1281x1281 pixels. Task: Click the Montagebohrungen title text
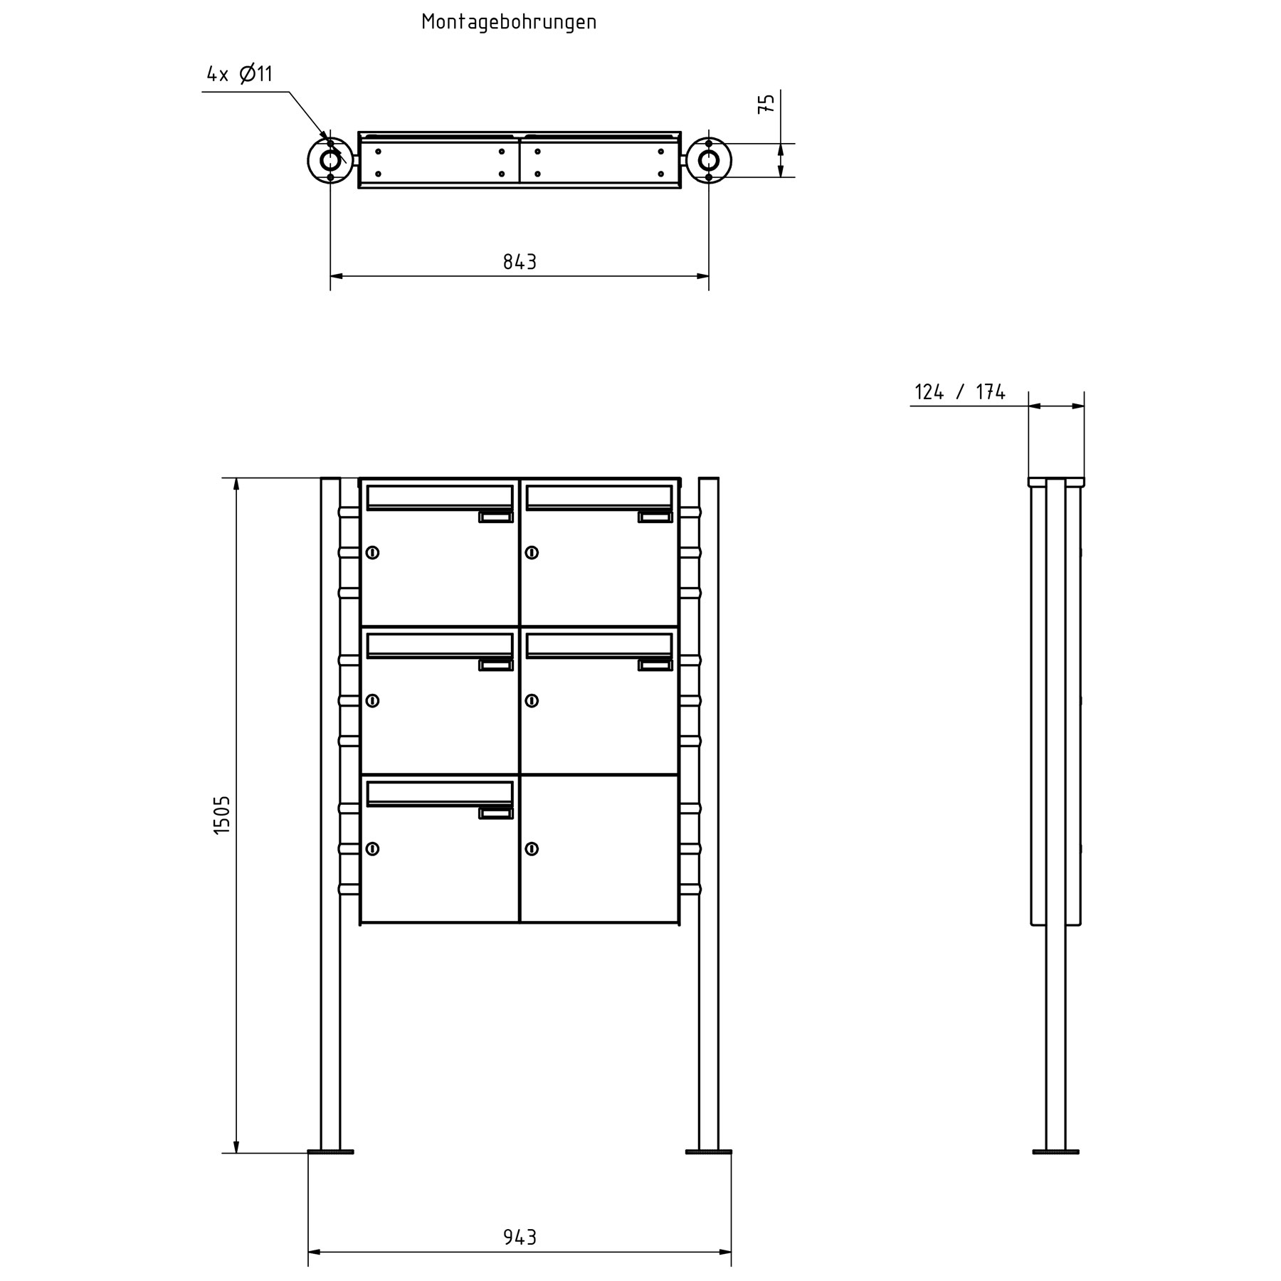[509, 22]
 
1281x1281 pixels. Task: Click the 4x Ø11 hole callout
[239, 74]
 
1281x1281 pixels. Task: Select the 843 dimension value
[520, 262]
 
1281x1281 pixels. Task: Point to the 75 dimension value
[766, 104]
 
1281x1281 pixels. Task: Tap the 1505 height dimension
[222, 815]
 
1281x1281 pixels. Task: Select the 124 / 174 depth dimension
[959, 392]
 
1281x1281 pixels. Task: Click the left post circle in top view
[330, 160]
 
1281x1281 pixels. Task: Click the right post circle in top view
[709, 160]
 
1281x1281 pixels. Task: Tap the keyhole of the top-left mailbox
[372, 552]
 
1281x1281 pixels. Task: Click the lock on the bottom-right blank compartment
[532, 848]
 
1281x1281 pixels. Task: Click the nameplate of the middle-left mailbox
[495, 665]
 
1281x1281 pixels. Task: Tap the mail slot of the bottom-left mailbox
[440, 792]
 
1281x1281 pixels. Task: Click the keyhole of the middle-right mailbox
[532, 700]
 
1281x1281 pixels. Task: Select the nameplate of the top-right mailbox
[655, 517]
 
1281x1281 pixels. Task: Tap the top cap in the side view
[1056, 482]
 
